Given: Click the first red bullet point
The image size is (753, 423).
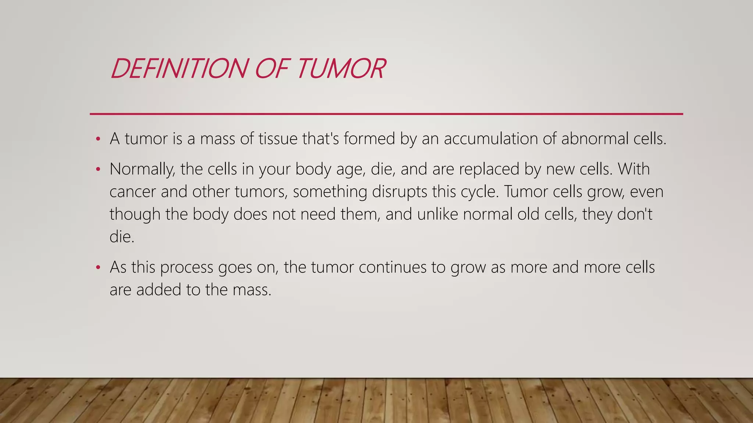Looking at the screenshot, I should (x=98, y=139).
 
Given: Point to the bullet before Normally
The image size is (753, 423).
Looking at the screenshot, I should (x=98, y=169).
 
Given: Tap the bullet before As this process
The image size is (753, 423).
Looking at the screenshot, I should (x=98, y=267).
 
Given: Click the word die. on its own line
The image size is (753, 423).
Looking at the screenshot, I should (x=122, y=237).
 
